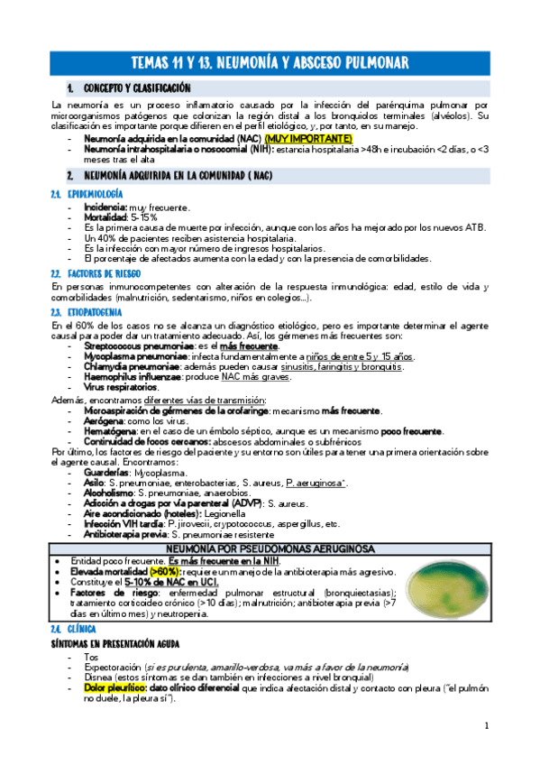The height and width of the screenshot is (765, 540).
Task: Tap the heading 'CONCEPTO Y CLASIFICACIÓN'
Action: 136,88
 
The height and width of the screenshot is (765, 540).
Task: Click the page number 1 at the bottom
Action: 486,726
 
